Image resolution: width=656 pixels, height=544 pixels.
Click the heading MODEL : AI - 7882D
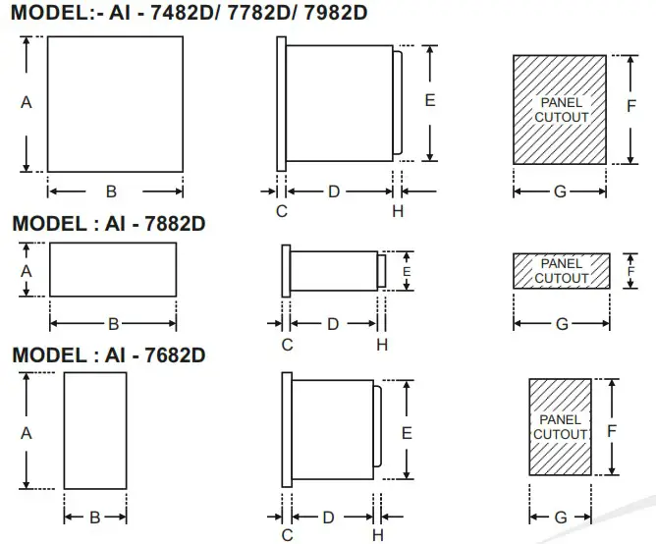[108, 223]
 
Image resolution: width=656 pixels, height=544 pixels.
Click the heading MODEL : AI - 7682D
[108, 354]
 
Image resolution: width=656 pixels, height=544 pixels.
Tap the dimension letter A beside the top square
[27, 102]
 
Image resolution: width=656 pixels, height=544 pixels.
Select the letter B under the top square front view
[112, 191]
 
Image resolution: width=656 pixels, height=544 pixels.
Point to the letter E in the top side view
[430, 100]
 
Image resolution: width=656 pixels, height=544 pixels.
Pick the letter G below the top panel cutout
[560, 191]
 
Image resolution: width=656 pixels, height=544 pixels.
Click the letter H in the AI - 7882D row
[382, 344]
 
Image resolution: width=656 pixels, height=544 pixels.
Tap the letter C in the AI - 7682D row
[287, 534]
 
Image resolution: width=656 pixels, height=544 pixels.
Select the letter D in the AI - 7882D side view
[332, 323]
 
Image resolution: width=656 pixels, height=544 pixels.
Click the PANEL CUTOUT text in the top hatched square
[561, 110]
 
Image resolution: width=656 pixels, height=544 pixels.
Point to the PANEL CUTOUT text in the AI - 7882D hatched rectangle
[561, 271]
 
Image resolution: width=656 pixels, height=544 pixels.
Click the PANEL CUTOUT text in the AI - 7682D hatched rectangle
[560, 427]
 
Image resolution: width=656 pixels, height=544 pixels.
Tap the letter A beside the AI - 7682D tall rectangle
[27, 432]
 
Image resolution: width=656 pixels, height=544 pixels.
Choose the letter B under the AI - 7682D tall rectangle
[95, 517]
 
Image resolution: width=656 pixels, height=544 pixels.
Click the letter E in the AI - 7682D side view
[406, 432]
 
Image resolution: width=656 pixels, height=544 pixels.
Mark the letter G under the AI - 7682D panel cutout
[560, 517]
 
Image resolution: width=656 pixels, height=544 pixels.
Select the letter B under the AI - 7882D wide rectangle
[113, 323]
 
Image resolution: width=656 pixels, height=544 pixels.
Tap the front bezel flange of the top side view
[282, 104]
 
